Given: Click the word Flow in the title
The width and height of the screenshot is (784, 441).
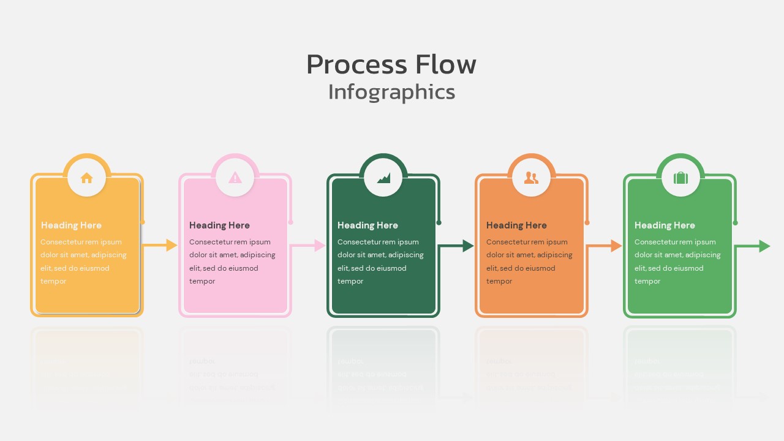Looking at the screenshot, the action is [445, 64].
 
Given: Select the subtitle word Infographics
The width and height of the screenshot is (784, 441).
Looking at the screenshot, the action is [391, 92].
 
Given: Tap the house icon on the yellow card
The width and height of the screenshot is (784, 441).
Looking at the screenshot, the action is [87, 178].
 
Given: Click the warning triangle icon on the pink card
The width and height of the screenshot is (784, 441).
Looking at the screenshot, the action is [235, 178].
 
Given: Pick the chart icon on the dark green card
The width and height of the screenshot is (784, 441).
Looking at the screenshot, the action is [383, 178].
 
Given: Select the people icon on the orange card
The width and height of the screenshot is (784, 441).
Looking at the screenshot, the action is [532, 178].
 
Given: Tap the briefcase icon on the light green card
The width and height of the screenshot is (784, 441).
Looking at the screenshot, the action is [680, 178].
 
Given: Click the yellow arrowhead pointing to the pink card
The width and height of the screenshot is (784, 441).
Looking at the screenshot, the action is [171, 246].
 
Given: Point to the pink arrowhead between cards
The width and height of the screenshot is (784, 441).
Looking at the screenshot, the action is [320, 246].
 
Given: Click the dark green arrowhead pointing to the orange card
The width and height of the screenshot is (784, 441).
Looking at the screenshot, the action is [468, 246].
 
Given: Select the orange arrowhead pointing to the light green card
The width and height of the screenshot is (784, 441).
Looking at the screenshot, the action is [616, 246].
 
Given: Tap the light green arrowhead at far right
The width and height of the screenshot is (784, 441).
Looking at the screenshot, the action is [764, 246].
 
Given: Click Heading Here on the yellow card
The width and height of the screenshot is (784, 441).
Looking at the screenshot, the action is [71, 225].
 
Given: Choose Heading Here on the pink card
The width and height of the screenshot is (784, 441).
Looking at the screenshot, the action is [219, 225].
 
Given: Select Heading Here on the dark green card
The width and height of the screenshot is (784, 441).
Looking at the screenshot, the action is [367, 225].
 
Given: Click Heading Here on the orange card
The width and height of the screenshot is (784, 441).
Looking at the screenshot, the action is [516, 225].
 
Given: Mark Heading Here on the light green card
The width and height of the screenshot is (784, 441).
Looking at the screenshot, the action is [665, 225].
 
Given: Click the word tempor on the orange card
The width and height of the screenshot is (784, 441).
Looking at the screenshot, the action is [499, 281].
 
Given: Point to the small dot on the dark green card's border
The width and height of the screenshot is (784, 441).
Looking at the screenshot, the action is [439, 222].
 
